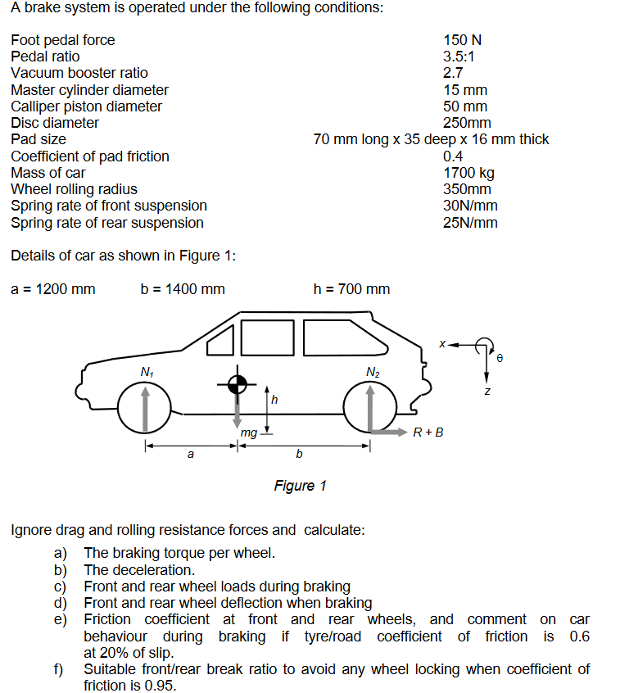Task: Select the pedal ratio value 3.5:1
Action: pyautogui.click(x=459, y=57)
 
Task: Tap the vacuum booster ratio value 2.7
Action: pyautogui.click(x=454, y=73)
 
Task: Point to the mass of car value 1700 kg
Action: pyautogui.click(x=468, y=173)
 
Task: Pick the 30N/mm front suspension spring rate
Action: pyautogui.click(x=470, y=206)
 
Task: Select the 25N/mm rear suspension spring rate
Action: pyautogui.click(x=470, y=223)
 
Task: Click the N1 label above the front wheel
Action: pyautogui.click(x=146, y=373)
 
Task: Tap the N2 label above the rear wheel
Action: pyautogui.click(x=373, y=373)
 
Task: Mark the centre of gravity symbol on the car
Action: pyautogui.click(x=238, y=384)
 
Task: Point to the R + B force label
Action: pyautogui.click(x=428, y=432)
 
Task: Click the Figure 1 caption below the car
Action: pyautogui.click(x=300, y=486)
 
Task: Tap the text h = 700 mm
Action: pyautogui.click(x=351, y=289)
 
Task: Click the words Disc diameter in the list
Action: pyautogui.click(x=55, y=123)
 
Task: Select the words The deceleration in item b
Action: pyautogui.click(x=139, y=570)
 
